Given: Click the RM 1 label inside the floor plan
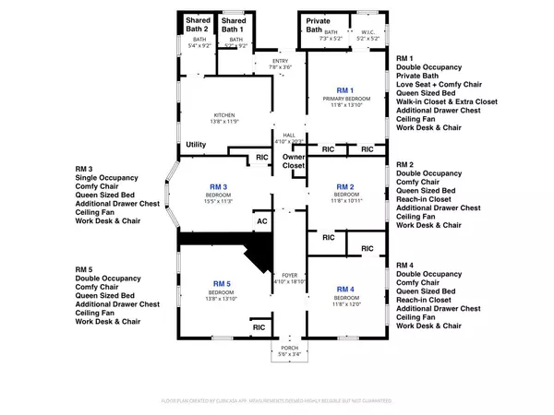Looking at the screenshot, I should point(346,89).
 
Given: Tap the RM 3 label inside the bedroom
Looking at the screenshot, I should point(219,186).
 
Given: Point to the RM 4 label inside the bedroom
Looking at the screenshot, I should point(346,290).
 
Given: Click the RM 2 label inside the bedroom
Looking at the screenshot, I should point(346,186).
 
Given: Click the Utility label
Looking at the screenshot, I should point(196,145).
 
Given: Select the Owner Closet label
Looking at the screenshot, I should point(294,162).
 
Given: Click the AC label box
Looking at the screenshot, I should point(260,221).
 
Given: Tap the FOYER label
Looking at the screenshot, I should point(292,276).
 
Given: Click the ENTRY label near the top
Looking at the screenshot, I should point(280,62).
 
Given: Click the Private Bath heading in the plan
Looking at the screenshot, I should point(318,24).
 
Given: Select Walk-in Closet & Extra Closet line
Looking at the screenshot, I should point(449,104).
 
